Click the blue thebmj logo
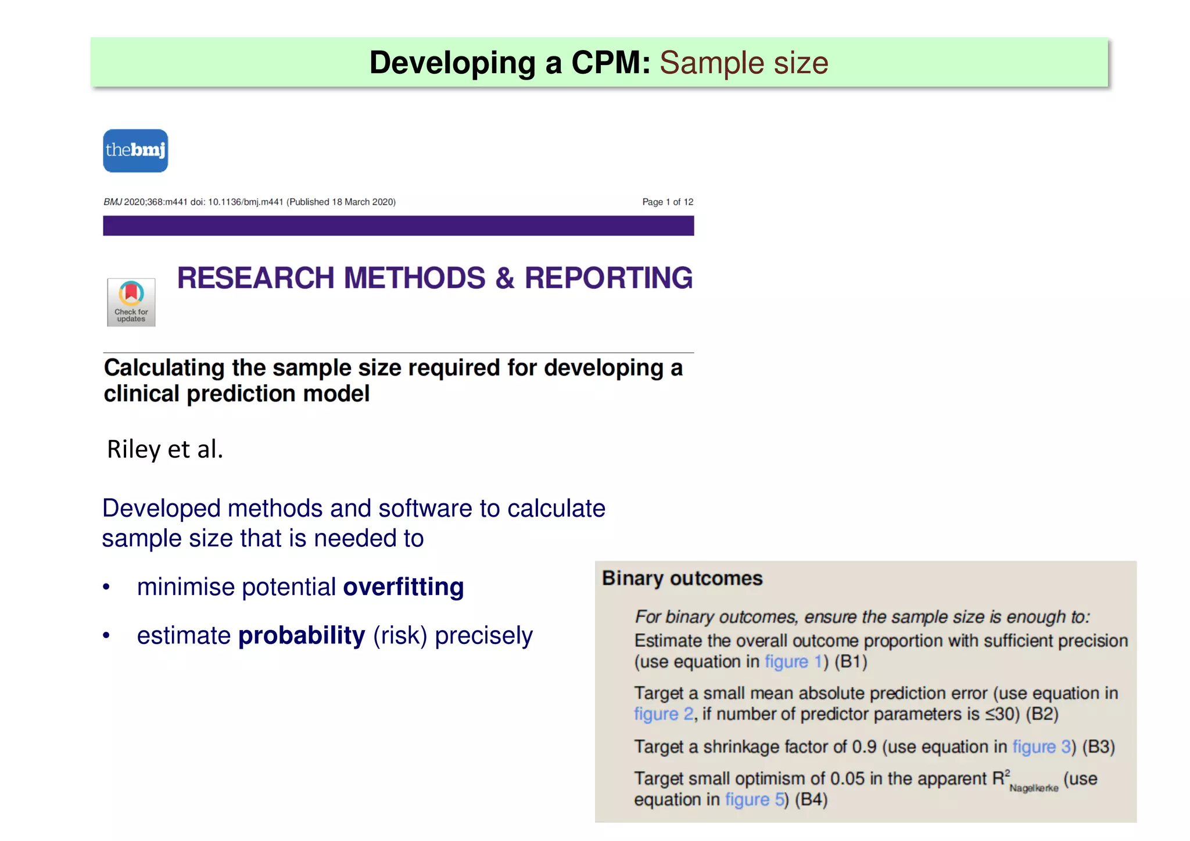pyautogui.click(x=135, y=151)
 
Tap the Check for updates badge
pyautogui.click(x=131, y=302)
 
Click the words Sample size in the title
pyautogui.click(x=743, y=63)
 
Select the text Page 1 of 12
pyautogui.click(x=668, y=202)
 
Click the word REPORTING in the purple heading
pyautogui.click(x=608, y=278)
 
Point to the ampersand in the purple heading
pyautogui.click(x=504, y=278)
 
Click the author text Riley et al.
pyautogui.click(x=165, y=449)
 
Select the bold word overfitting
pyautogui.click(x=403, y=587)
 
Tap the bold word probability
pyautogui.click(x=302, y=635)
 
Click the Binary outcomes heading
pyautogui.click(x=682, y=578)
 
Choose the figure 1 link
pyautogui.click(x=794, y=661)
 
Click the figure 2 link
pyautogui.click(x=664, y=714)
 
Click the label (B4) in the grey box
pyautogui.click(x=811, y=799)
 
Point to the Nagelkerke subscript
pyautogui.click(x=1034, y=788)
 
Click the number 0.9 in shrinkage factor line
pyautogui.click(x=864, y=746)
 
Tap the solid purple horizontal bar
pyautogui.click(x=398, y=226)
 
